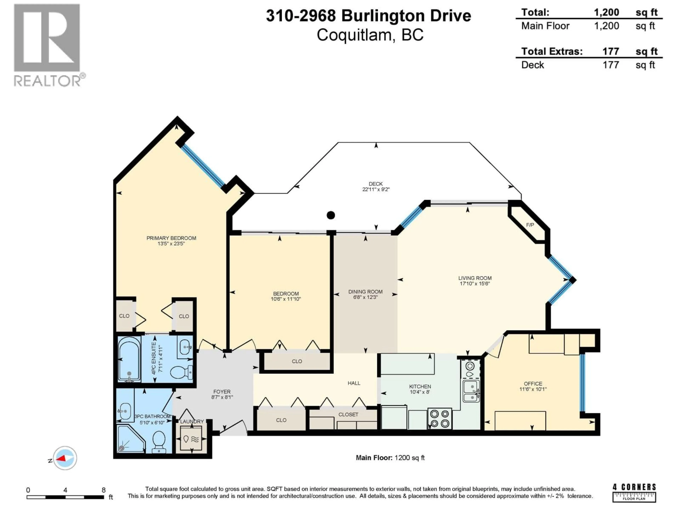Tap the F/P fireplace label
(530, 225)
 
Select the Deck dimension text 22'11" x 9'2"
(376, 189)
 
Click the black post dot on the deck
(331, 215)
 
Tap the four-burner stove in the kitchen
(440, 419)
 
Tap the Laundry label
(192, 421)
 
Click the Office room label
(533, 384)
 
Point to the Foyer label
(222, 392)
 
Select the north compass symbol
(65, 458)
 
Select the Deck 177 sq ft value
(611, 65)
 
